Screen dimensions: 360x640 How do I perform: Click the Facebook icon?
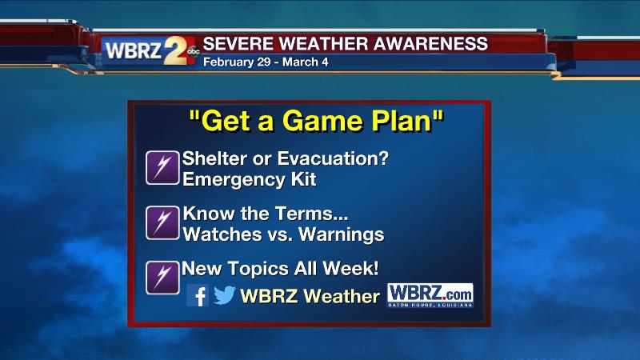point(198,295)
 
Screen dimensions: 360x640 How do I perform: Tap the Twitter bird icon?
point(224,295)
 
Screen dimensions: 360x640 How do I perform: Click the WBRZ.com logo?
point(430,294)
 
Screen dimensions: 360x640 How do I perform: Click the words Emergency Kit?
point(250,178)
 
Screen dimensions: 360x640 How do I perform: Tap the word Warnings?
point(341,234)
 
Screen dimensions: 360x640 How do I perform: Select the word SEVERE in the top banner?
point(233,42)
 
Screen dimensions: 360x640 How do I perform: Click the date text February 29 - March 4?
point(266,61)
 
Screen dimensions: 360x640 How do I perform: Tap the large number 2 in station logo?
point(175,50)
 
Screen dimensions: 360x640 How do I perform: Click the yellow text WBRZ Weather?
point(310,296)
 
